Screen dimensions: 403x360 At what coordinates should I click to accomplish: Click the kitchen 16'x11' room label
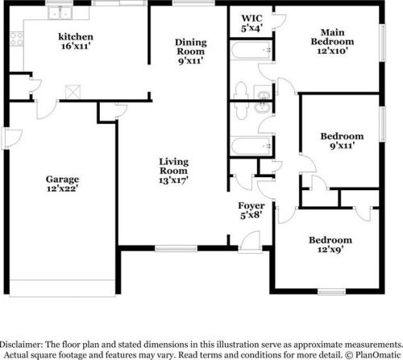pos(76,41)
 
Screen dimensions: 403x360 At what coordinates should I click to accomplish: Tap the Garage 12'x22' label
pos(62,184)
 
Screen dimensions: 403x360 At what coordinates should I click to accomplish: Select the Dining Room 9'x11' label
pos(191,52)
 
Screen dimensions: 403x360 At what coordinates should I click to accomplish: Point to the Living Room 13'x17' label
pos(173,171)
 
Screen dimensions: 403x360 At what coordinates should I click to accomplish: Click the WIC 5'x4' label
pos(251,23)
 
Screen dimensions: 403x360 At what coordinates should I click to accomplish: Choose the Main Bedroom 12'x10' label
pos(332,42)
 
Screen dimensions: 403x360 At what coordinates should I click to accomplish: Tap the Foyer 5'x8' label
pos(251,210)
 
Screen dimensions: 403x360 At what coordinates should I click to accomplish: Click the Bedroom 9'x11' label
pos(342,141)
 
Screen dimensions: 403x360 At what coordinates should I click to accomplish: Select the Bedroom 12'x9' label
pos(330,244)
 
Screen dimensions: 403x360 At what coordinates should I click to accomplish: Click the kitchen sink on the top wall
pos(60,13)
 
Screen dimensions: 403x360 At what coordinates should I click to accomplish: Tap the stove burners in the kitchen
pos(17,39)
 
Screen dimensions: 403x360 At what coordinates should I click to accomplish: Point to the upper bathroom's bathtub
pos(251,50)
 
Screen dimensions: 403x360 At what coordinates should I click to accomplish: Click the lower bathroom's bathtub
pos(251,146)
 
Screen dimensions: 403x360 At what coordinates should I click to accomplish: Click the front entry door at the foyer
pos(251,242)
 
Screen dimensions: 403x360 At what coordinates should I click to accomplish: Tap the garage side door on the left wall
pos(12,138)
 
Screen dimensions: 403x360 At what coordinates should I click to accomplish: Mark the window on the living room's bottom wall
pos(177,249)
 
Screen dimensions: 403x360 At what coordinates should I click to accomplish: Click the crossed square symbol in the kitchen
pos(73,92)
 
